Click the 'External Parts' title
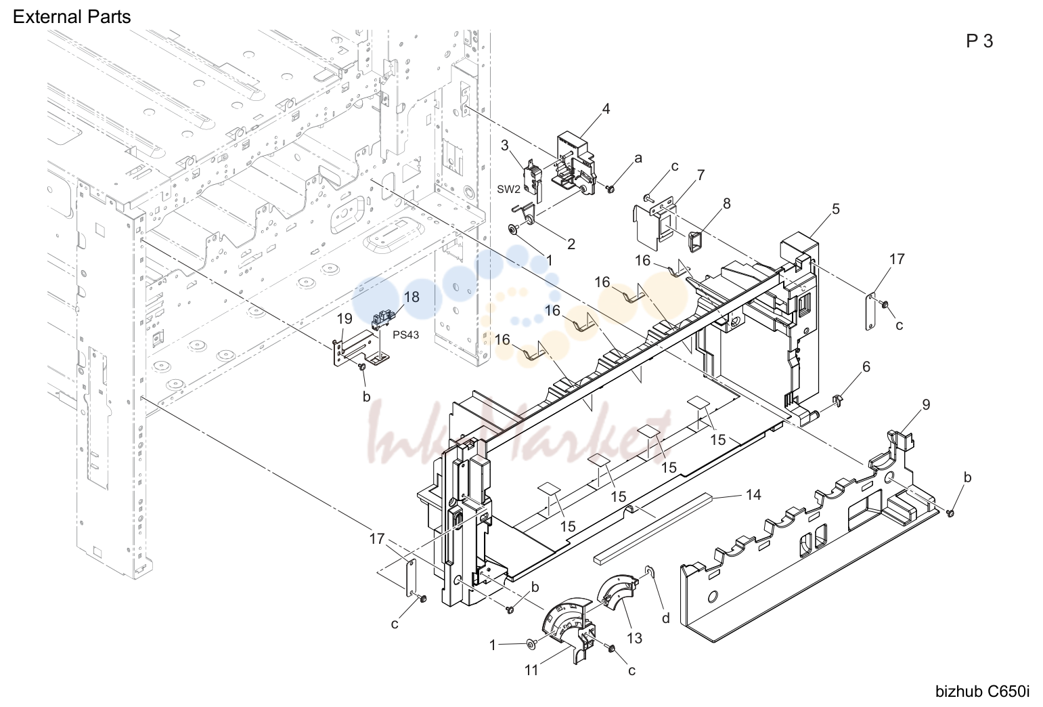click(72, 17)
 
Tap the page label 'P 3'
click(979, 41)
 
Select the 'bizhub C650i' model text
click(983, 691)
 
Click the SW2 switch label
click(508, 189)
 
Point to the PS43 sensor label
click(405, 335)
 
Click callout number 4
click(606, 109)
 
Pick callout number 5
click(836, 209)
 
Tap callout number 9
click(926, 405)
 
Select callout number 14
click(753, 494)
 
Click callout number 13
click(634, 638)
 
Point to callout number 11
click(531, 670)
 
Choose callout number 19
click(345, 318)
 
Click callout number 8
click(726, 204)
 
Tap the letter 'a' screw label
click(638, 159)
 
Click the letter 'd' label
click(666, 618)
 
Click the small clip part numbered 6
click(837, 400)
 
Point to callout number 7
click(701, 175)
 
